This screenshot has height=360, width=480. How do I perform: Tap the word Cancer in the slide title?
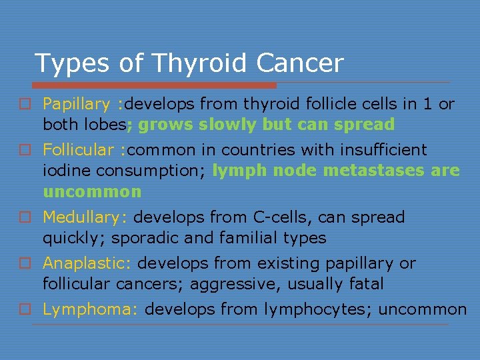point(301,63)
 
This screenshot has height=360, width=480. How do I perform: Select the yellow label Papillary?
point(77,104)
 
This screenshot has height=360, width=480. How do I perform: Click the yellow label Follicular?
point(78,150)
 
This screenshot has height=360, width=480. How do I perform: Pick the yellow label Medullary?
point(85,217)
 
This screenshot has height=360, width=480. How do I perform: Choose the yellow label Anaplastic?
point(87,263)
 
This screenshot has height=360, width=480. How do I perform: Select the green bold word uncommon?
point(92,192)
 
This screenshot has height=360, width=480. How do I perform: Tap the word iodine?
point(67,171)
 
